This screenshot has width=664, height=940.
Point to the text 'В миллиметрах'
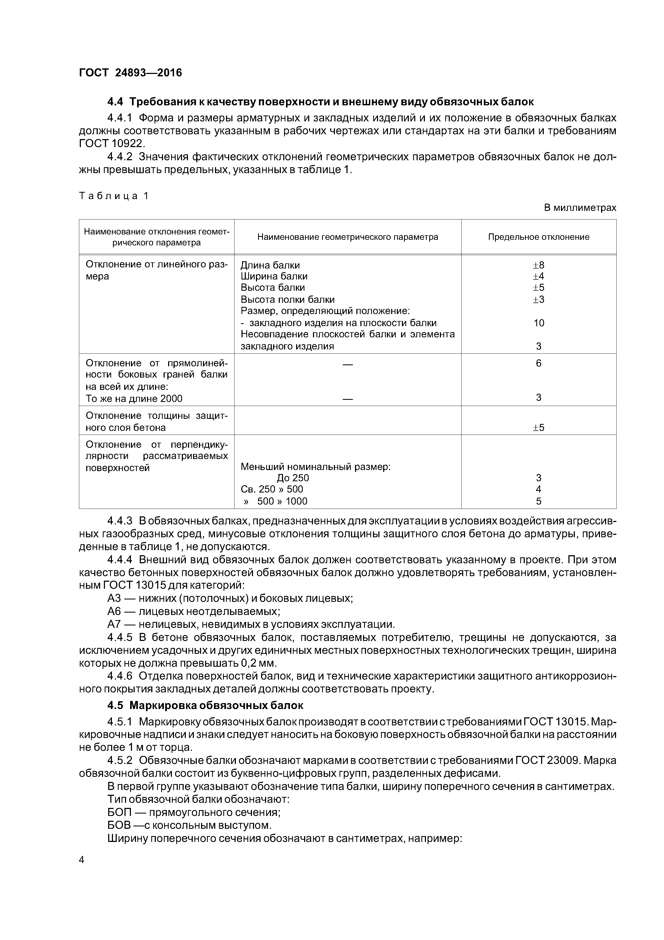tap(580, 208)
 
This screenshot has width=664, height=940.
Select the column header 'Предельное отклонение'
tap(538, 237)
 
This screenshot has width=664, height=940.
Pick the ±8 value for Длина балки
tap(538, 265)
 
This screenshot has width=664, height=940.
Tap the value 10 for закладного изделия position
tap(538, 323)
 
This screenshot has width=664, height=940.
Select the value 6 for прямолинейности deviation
tap(538, 363)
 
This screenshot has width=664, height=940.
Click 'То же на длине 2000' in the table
tap(134, 398)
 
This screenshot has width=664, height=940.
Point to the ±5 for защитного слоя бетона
tap(538, 427)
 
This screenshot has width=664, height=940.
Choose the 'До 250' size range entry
tap(293, 478)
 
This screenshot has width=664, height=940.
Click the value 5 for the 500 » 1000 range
tap(538, 501)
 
